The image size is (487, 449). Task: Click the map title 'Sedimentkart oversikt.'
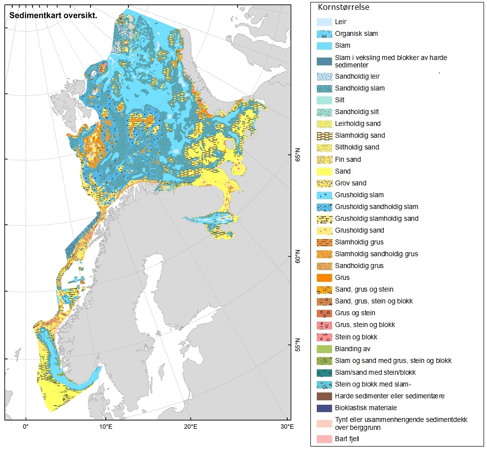(53, 15)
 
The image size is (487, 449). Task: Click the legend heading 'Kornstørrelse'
(344, 7)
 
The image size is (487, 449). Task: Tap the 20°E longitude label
(191, 426)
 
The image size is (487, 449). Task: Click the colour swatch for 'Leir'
(324, 22)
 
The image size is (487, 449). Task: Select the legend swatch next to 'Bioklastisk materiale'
(324, 408)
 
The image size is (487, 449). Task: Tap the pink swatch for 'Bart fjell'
(324, 438)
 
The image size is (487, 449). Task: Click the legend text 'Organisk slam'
(356, 34)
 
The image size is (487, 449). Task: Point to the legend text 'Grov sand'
(351, 183)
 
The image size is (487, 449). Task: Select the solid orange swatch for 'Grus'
(324, 278)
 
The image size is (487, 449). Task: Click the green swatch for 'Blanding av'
(324, 349)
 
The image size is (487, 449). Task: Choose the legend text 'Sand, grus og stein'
(364, 289)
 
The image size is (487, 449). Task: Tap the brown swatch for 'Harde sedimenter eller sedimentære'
(324, 396)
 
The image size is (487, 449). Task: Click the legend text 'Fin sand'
(348, 159)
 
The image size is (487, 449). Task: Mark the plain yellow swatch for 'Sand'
(324, 171)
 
